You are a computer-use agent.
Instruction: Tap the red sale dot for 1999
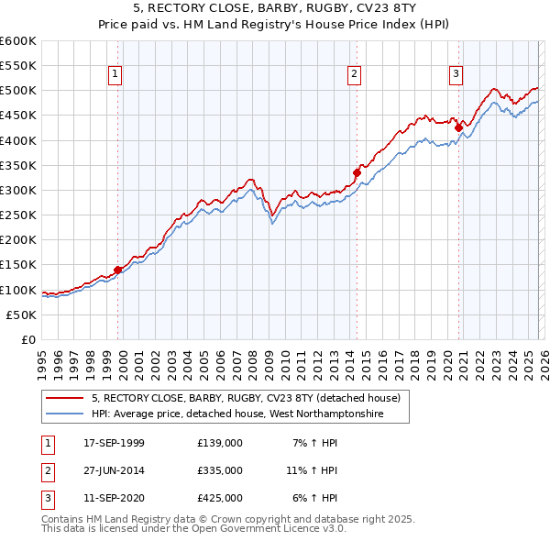click(x=118, y=270)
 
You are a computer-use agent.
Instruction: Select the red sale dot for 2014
click(x=357, y=171)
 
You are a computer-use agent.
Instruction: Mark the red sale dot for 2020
click(x=459, y=127)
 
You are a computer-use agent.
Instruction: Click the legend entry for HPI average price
click(x=236, y=414)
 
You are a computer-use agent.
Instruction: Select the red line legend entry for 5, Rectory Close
click(x=246, y=399)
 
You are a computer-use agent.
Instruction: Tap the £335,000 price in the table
click(x=220, y=470)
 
